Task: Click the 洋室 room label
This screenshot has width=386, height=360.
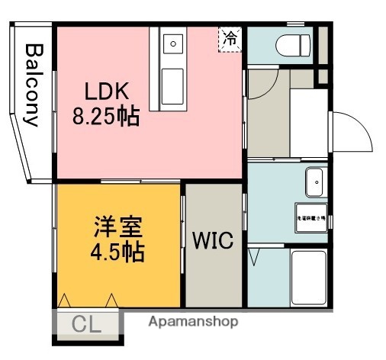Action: [x=119, y=227]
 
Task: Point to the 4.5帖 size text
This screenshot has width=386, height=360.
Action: [x=118, y=252]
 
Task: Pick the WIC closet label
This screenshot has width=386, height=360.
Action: [x=214, y=240]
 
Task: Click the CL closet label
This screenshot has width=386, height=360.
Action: [x=86, y=324]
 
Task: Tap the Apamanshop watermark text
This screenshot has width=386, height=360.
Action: [x=193, y=321]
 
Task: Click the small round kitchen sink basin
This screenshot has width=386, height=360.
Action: [x=172, y=43]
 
